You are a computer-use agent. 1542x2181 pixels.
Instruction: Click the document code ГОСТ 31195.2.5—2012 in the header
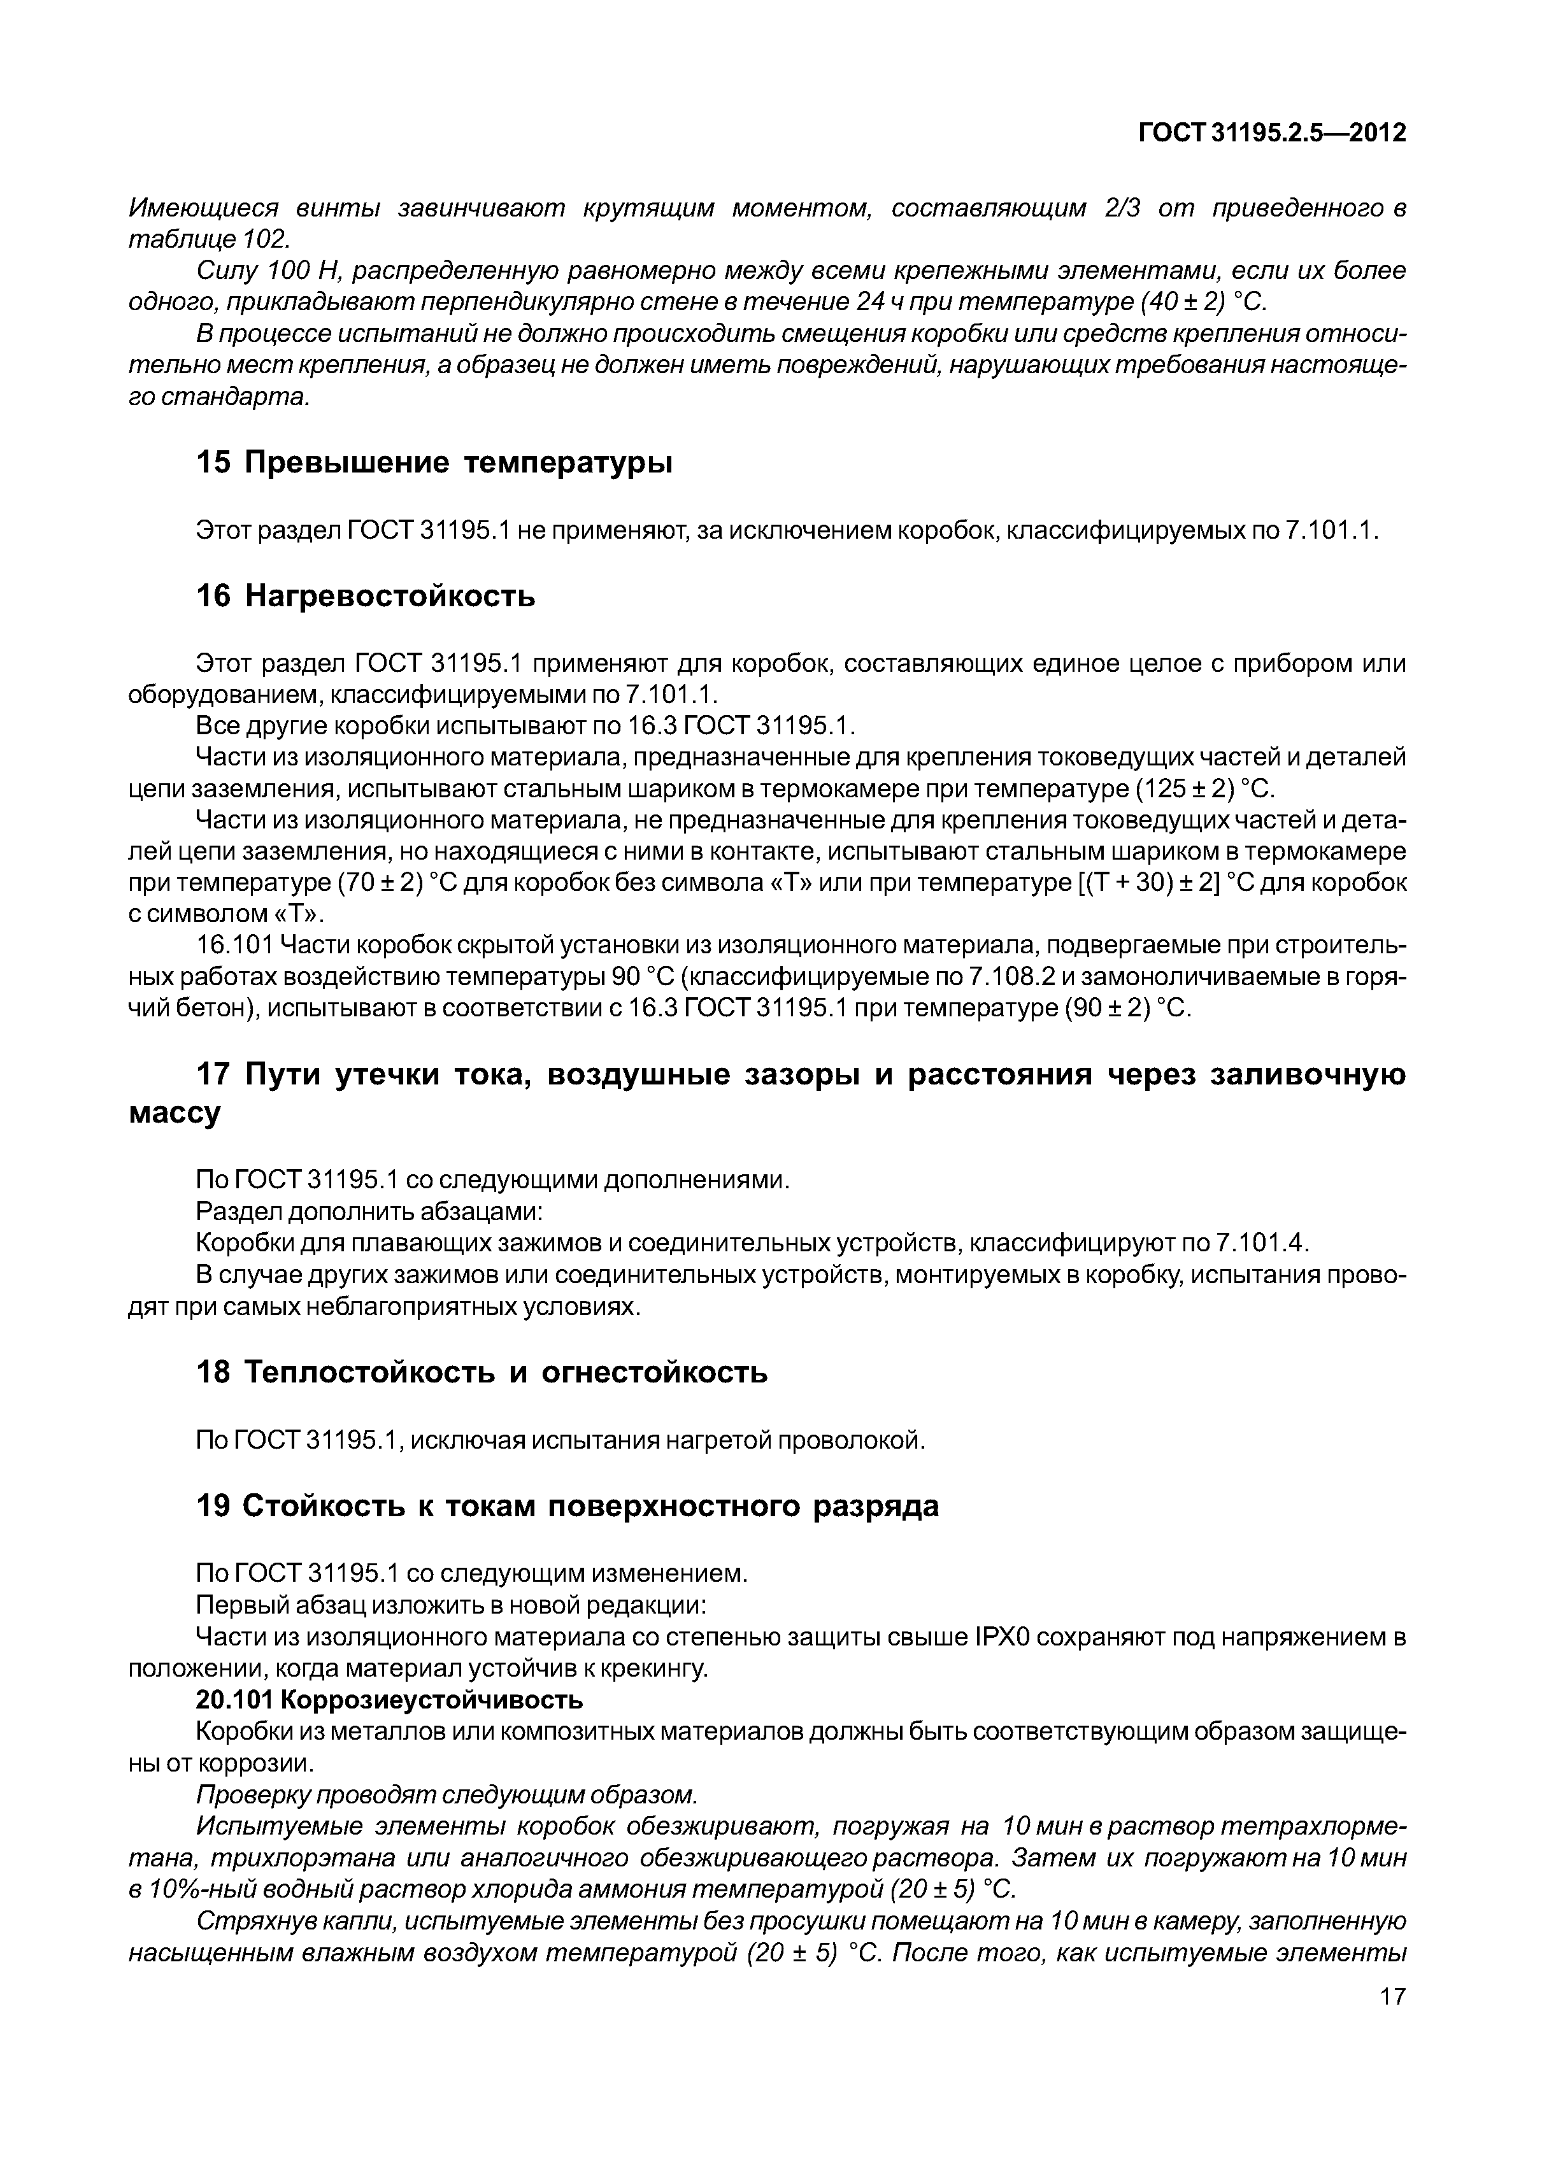[1271, 133]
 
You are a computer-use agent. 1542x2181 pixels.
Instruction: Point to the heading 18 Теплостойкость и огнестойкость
[481, 1372]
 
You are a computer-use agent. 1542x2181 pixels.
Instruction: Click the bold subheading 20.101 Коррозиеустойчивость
[389, 1698]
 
